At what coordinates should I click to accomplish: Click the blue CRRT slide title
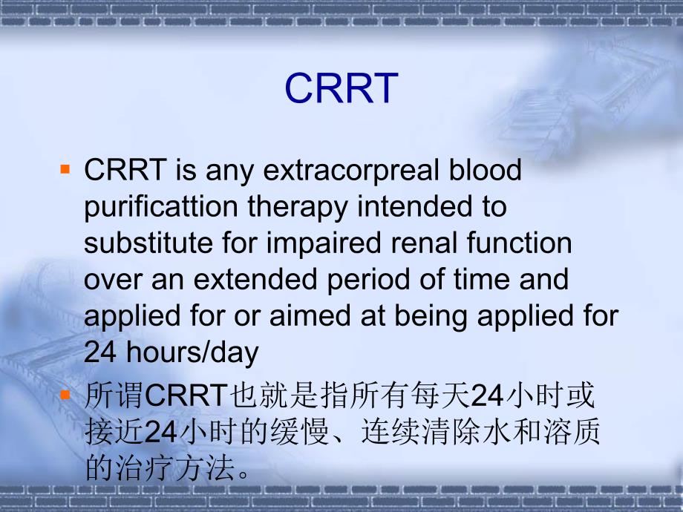pos(341,89)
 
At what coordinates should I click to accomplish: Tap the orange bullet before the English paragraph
pos(65,170)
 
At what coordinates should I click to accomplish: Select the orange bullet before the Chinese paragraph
pos(65,395)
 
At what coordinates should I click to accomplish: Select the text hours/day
pos(193,352)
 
